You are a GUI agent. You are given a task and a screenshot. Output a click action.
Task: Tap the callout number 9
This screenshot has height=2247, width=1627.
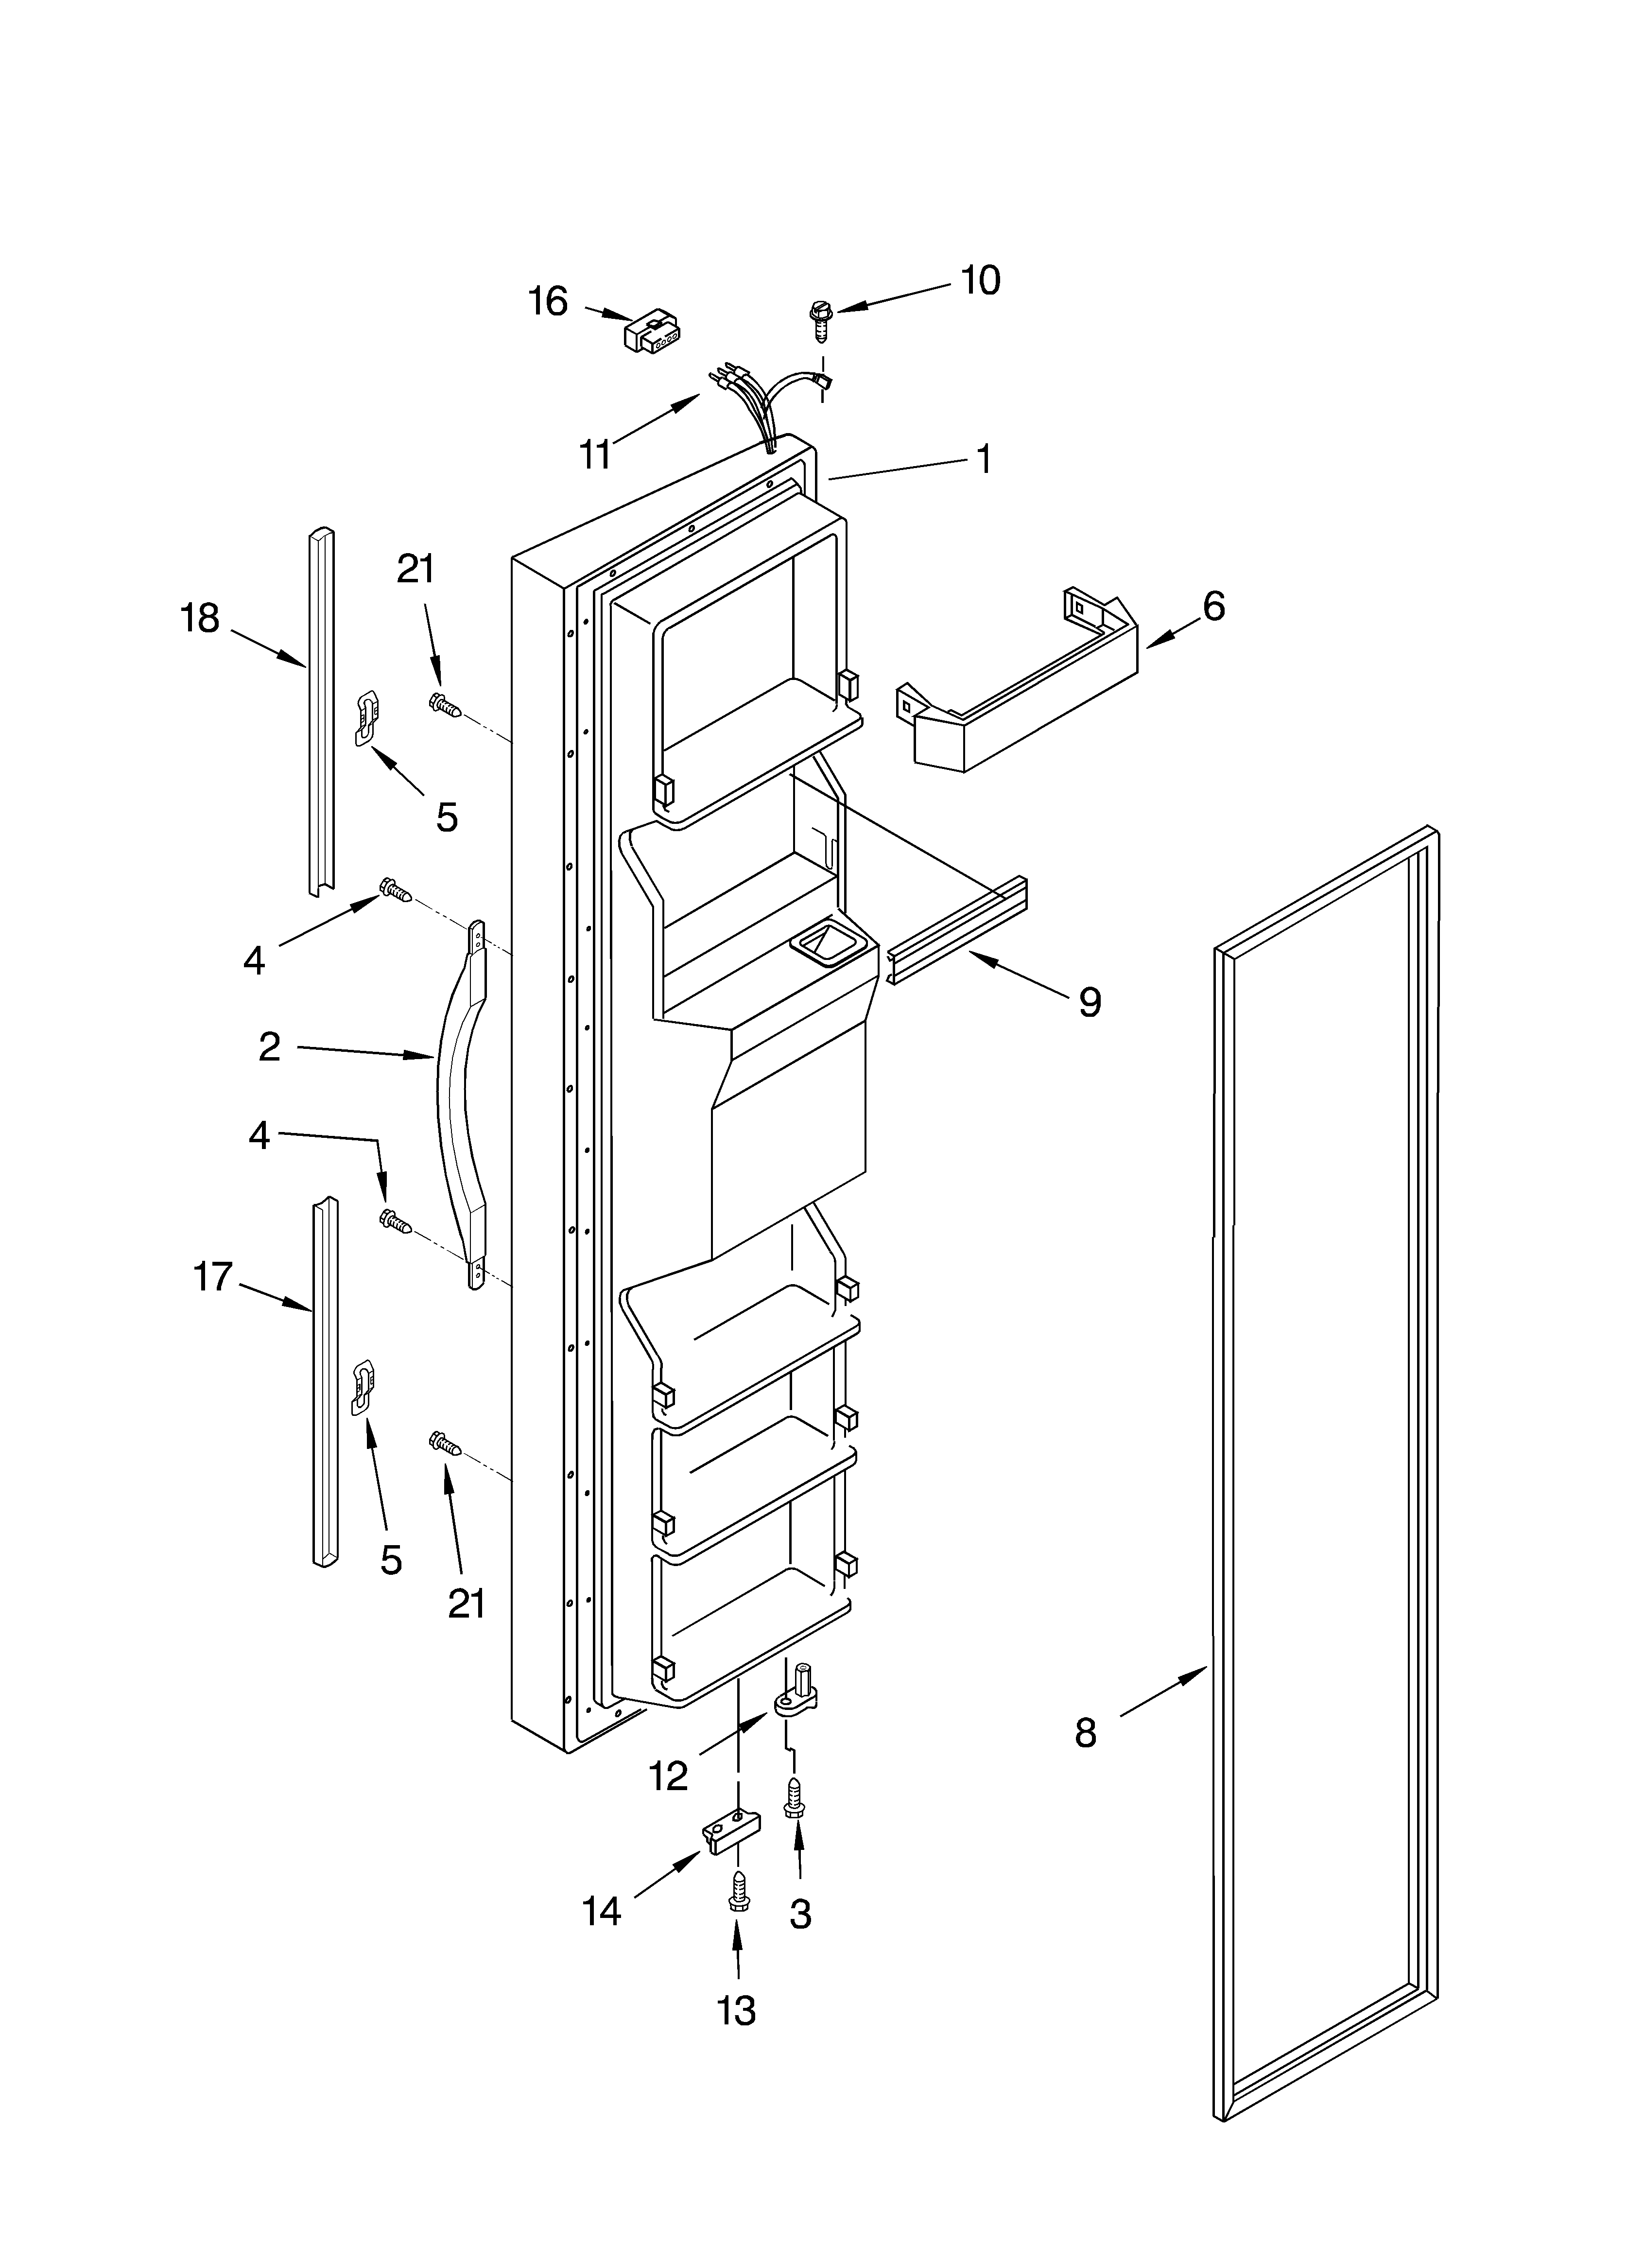(x=1089, y=1003)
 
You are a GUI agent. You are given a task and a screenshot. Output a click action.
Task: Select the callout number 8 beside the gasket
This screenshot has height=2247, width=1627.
(x=1086, y=1733)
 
